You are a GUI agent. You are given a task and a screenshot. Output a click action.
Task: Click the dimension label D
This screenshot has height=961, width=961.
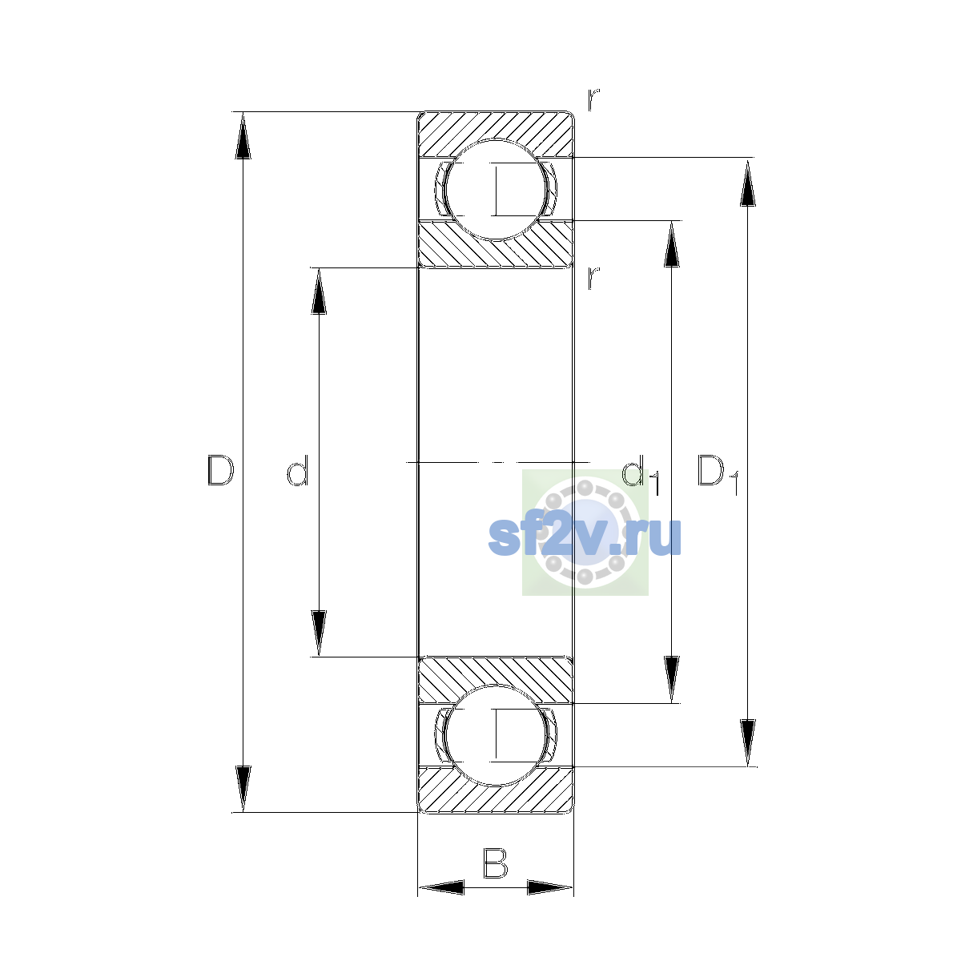click(x=220, y=470)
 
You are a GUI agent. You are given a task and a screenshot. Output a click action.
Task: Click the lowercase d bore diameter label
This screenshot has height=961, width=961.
click(x=298, y=470)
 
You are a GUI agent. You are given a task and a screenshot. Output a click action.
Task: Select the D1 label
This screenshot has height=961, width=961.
click(x=718, y=474)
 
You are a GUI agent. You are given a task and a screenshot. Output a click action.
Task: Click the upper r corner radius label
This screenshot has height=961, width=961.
click(x=593, y=100)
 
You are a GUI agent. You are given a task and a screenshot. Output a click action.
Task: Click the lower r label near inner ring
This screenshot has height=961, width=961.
click(x=593, y=278)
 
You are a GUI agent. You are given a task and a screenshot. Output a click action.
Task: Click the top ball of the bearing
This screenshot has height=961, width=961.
click(x=495, y=190)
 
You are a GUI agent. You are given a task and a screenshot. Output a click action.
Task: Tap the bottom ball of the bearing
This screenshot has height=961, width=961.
click(x=495, y=735)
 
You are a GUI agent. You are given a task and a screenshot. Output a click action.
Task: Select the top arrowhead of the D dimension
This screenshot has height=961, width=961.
click(x=243, y=135)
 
